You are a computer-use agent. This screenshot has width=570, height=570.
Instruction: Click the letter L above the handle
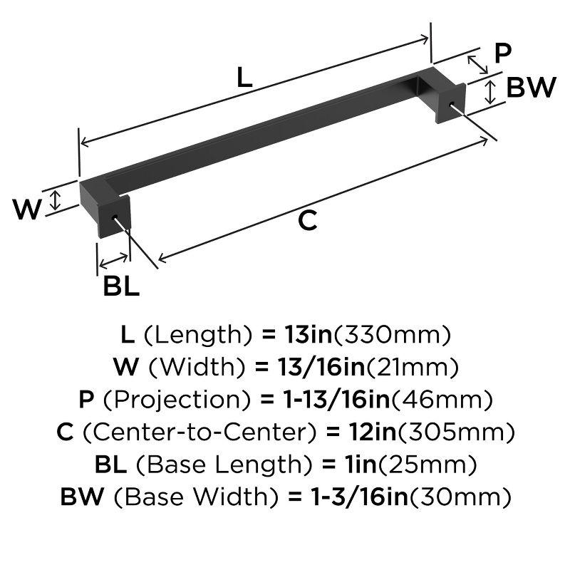[x=244, y=77]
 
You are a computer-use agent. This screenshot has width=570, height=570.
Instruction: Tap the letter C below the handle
[x=306, y=222]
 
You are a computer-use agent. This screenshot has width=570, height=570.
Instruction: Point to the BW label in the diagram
[x=531, y=88]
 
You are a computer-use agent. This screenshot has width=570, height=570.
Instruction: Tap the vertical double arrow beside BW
[x=491, y=91]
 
